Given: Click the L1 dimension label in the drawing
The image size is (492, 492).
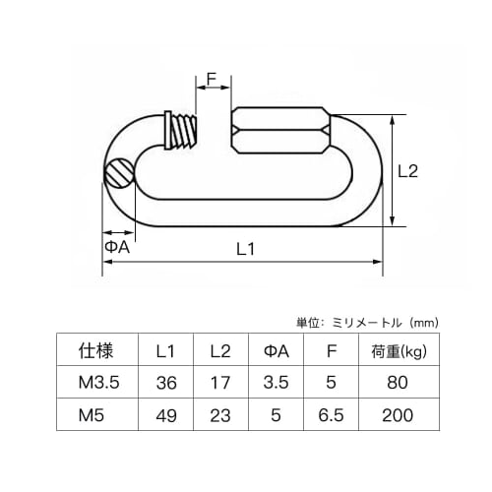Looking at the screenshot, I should point(246,250).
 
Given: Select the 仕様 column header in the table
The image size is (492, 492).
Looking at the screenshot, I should point(96,350).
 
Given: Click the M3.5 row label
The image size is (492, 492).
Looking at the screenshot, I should point(96,383).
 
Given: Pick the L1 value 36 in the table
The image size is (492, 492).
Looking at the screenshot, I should point(166,383).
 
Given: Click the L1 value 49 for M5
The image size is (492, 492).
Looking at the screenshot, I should point(166,416).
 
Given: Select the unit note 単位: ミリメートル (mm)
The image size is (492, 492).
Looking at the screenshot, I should point(366,322).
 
